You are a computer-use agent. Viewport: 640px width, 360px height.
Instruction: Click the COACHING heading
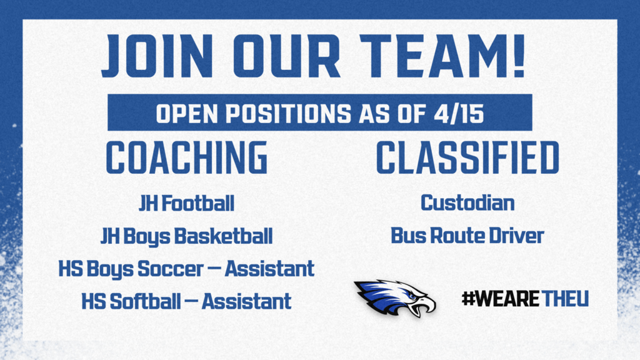[187, 159]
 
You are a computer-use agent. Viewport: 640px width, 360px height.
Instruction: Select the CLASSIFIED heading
[467, 159]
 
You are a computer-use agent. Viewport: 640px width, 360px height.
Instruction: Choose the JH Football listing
[186, 203]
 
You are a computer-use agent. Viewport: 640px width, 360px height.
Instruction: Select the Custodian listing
[467, 203]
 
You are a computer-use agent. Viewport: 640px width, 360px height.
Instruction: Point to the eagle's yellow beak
[427, 305]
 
